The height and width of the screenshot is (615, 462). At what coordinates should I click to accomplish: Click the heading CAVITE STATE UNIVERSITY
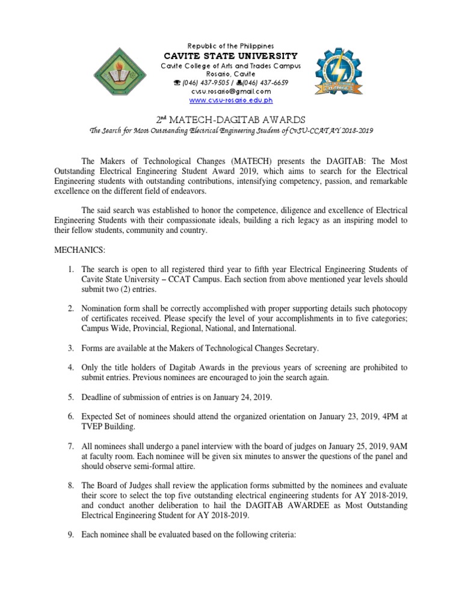[231, 56]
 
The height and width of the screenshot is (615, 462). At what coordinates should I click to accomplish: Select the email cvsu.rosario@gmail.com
[231, 91]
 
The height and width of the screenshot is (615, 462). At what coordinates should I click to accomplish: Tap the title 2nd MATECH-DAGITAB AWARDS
[230, 120]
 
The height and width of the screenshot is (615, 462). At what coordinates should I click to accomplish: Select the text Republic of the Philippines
[231, 46]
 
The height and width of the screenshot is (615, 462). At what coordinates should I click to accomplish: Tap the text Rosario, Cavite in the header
[231, 73]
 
